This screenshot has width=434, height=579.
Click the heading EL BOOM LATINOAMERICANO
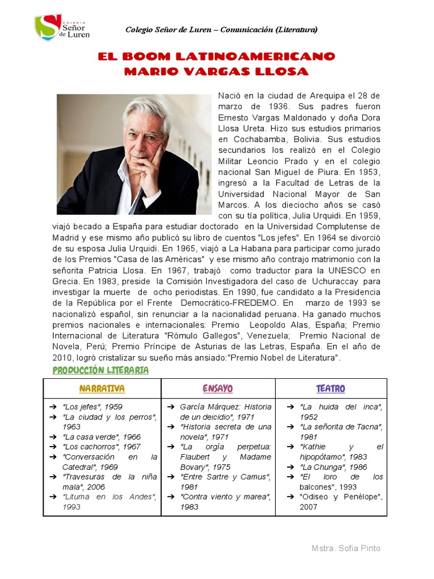216,57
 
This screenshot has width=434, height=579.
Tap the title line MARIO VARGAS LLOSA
216,72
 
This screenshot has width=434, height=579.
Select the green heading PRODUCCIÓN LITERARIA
101,370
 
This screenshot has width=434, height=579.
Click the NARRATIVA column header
102,389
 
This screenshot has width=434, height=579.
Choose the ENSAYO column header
218,389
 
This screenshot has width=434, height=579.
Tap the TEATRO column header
331,389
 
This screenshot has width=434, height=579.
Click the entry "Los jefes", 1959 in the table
93,407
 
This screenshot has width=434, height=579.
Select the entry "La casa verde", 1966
102,437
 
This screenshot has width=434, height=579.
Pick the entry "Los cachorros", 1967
101,447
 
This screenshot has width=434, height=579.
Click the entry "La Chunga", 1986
333,467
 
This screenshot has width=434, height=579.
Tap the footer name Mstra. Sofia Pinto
346,548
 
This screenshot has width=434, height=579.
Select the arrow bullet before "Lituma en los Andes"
51,497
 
